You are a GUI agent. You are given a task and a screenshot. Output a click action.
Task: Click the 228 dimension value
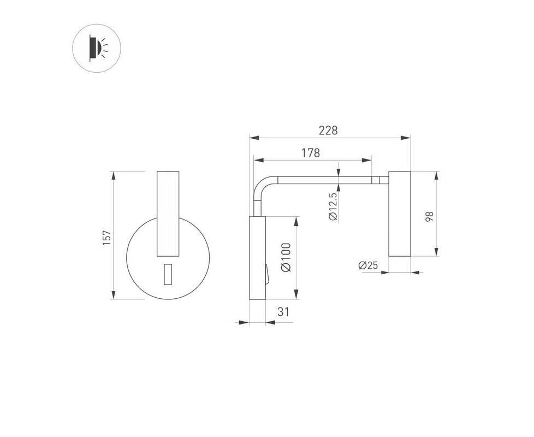coord(328,131)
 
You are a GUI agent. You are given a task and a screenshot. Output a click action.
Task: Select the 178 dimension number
coord(311,153)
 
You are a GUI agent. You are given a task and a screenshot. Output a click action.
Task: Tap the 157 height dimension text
coord(106,238)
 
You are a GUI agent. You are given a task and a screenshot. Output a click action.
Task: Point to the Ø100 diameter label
coord(286,257)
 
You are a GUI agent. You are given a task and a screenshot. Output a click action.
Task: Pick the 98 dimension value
coord(430,217)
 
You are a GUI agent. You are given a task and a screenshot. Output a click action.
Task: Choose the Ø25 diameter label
coord(368,265)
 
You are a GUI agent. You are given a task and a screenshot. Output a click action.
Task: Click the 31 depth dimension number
coord(283,312)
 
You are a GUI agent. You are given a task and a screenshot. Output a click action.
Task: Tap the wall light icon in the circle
coord(97,48)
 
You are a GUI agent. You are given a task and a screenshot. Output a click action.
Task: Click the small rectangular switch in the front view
coord(168,274)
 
